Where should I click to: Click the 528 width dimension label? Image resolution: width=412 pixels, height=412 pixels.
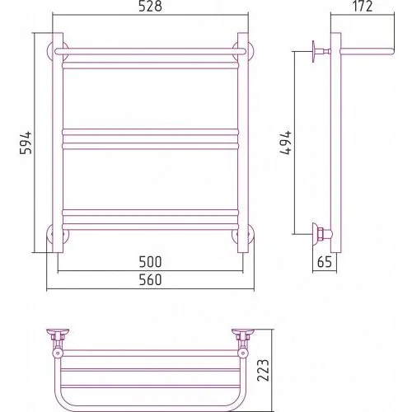(x=150, y=7)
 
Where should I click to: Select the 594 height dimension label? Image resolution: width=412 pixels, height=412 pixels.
(x=26, y=143)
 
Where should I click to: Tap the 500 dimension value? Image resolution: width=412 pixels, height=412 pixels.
(x=150, y=262)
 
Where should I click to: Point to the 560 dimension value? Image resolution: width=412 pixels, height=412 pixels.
(x=150, y=280)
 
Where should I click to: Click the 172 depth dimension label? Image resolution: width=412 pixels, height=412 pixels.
(x=363, y=7)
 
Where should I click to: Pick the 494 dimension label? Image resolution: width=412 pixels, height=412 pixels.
(x=286, y=143)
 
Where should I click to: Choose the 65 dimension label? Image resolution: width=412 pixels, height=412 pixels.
(x=325, y=262)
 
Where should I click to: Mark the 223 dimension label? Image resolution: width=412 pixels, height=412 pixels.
(x=264, y=370)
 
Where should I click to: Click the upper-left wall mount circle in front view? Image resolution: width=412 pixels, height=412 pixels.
(x=49, y=51)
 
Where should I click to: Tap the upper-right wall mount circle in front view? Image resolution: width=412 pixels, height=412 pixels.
(x=251, y=51)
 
